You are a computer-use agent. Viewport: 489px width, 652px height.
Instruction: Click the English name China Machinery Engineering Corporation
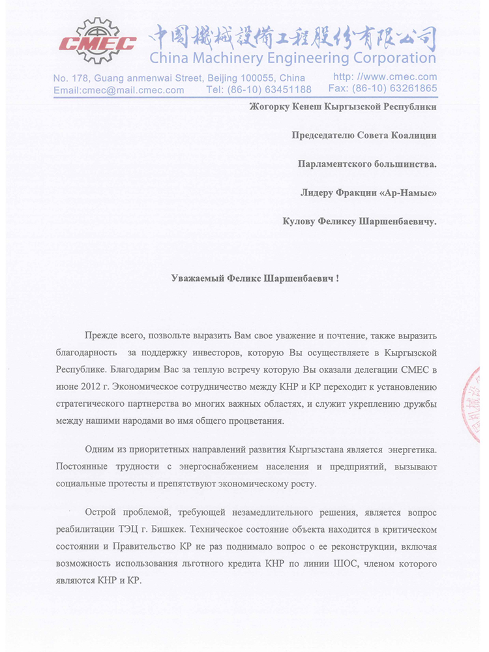click(x=292, y=59)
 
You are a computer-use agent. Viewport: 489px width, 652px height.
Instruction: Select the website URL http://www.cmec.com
click(x=385, y=77)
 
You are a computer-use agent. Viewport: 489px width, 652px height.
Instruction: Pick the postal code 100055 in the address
click(x=244, y=78)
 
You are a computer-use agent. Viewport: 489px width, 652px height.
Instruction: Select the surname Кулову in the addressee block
click(x=302, y=221)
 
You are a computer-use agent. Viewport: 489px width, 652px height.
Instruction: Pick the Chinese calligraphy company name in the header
click(x=293, y=34)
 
